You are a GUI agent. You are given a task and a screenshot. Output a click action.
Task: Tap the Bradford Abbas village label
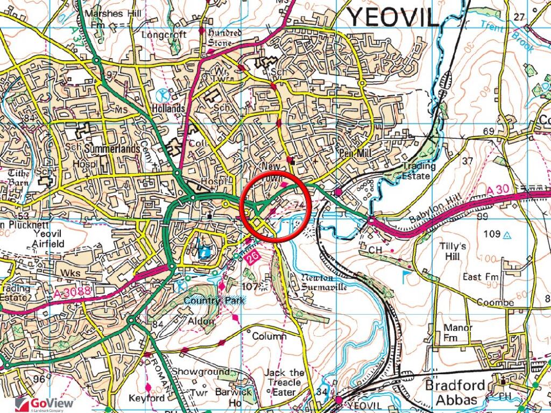coord(451,393)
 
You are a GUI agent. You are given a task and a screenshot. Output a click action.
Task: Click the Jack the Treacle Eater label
coord(284,382)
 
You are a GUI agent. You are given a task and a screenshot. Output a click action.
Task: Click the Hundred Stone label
coord(224,38)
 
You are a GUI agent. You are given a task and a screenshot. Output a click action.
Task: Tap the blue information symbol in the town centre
coord(203,251)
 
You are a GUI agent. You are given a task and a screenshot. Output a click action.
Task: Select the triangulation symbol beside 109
coord(507,234)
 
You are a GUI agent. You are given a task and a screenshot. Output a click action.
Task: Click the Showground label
coord(200,372)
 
